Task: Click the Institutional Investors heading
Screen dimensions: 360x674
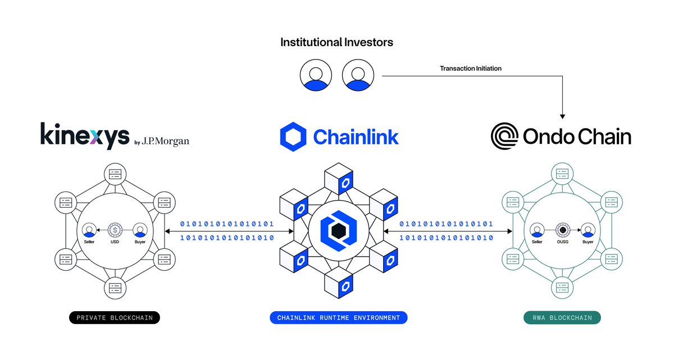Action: coord(336,42)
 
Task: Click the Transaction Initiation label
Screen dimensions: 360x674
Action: coord(470,69)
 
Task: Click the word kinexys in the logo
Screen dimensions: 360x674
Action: coord(85,135)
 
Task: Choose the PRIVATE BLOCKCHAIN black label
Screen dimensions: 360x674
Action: coord(115,318)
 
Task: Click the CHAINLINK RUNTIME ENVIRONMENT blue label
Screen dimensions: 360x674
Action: coord(338,318)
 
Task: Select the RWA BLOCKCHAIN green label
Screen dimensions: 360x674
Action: coord(562,318)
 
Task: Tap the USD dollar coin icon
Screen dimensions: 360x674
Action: coord(115,230)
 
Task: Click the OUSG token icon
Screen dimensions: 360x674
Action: coord(562,230)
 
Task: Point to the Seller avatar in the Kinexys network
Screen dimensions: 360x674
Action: coord(89,230)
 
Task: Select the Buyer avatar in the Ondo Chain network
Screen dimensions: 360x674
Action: coord(588,230)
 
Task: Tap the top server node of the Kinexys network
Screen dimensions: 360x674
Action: coord(115,174)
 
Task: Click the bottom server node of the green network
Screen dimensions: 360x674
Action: coord(562,288)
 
